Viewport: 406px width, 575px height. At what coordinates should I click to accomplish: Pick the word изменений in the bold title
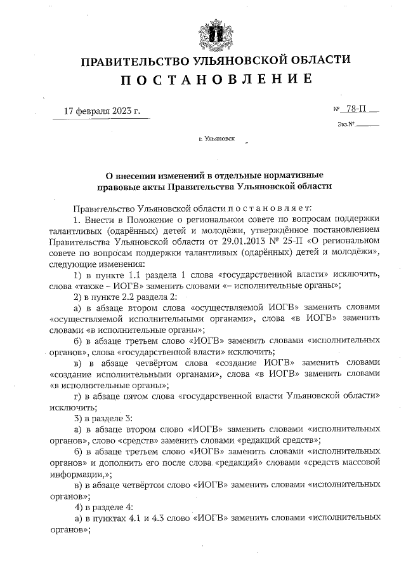(176, 175)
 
